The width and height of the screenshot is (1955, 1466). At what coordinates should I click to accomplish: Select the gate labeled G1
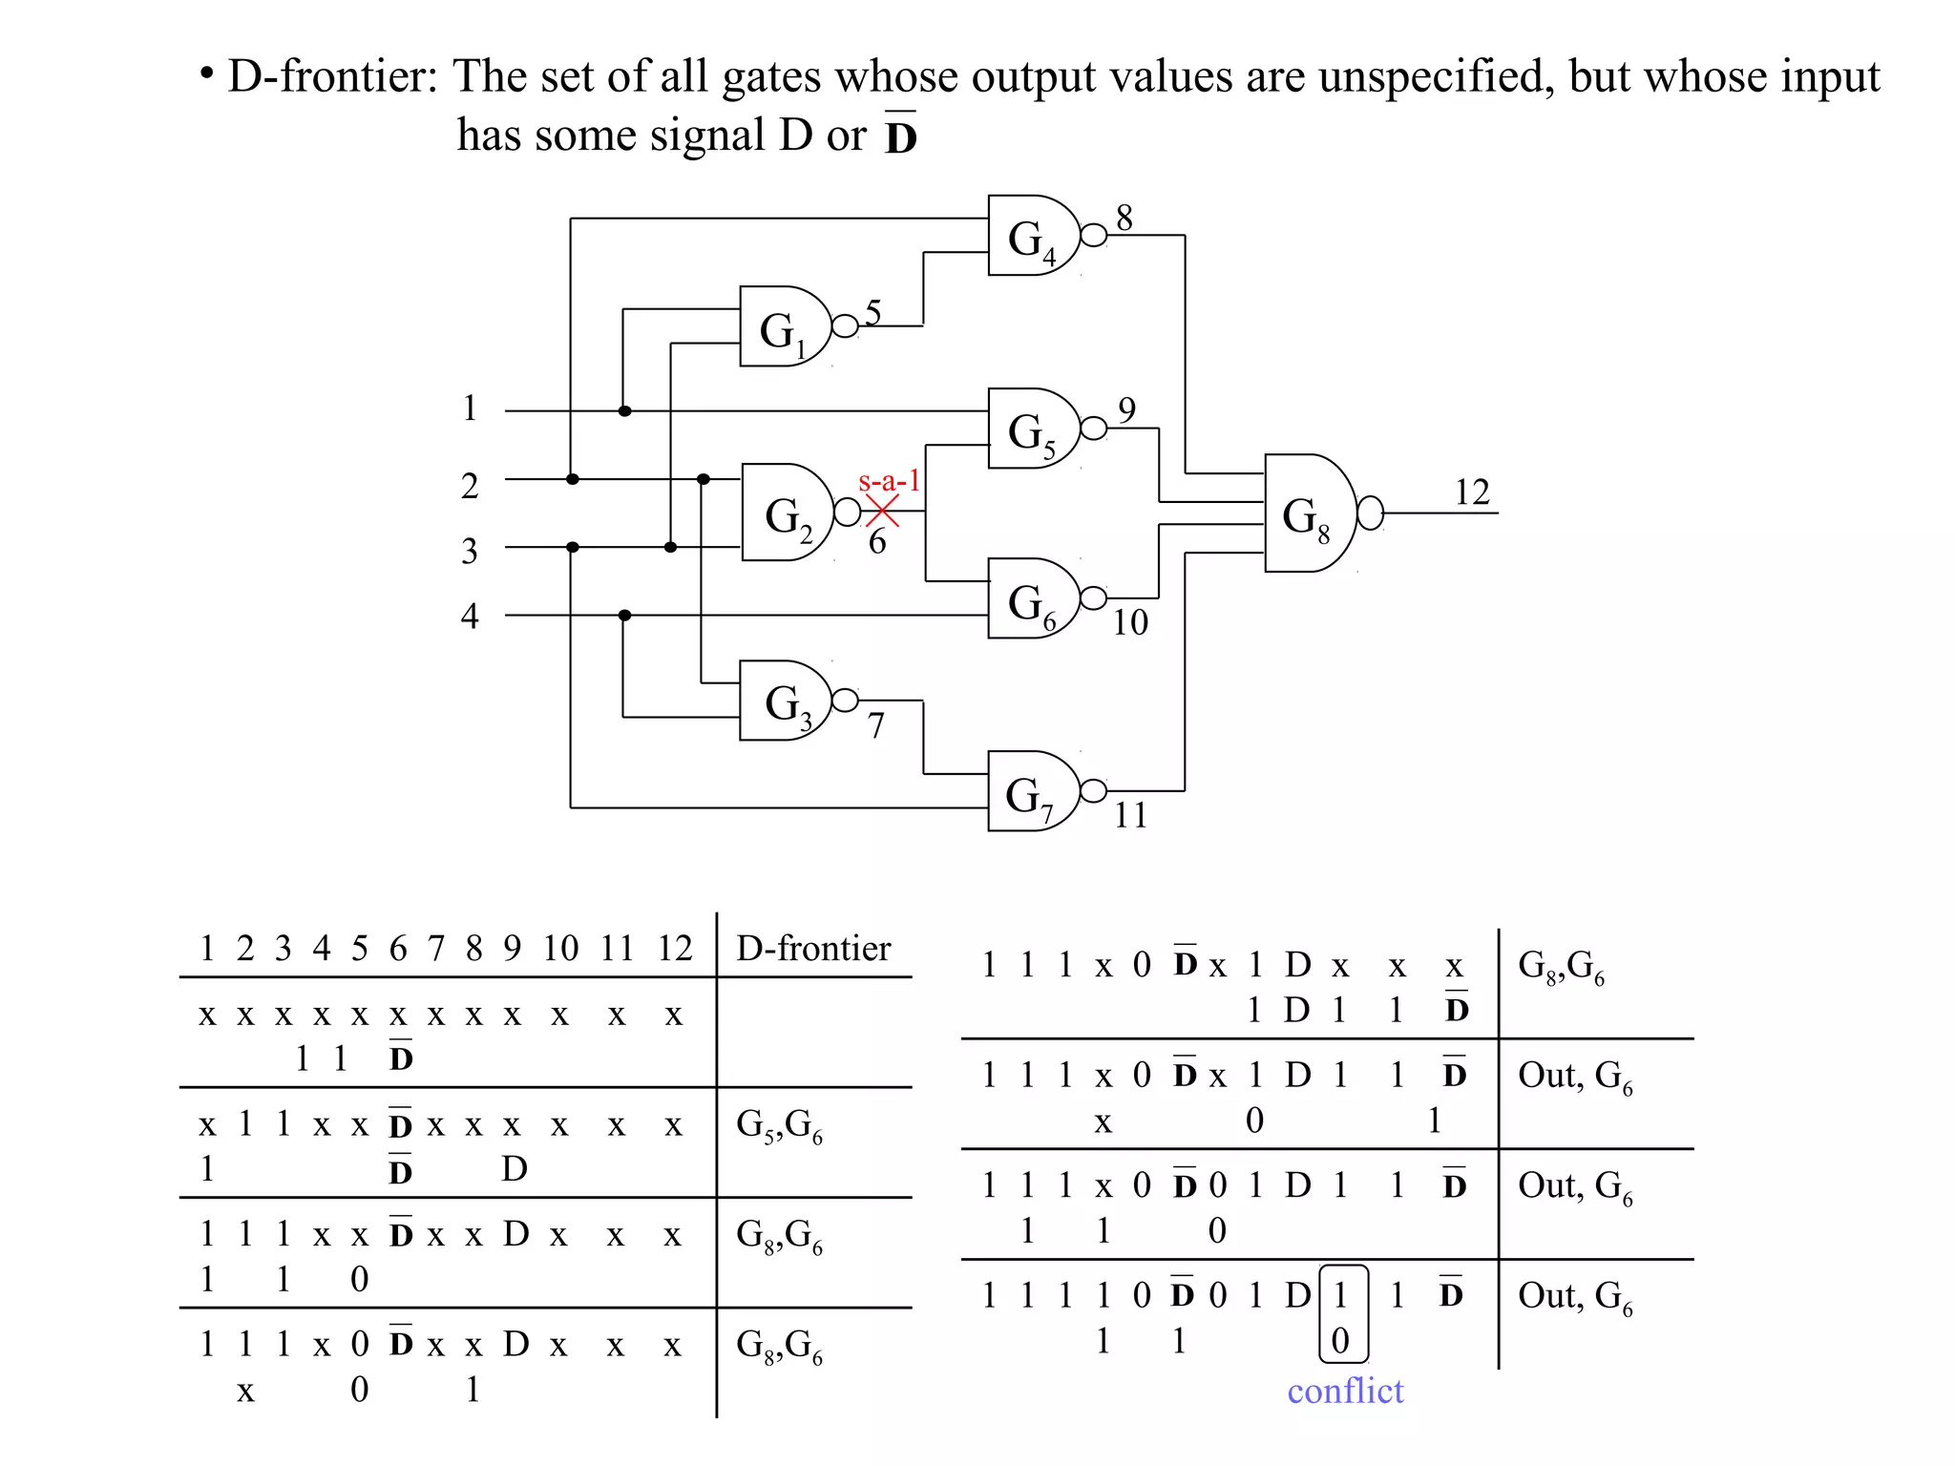[783, 326]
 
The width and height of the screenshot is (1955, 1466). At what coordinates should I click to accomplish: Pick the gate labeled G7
[1029, 791]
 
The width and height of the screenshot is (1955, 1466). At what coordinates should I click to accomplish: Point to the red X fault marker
[882, 512]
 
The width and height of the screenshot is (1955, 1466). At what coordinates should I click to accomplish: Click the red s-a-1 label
[889, 480]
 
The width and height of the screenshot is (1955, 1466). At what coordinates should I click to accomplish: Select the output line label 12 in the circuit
[1471, 492]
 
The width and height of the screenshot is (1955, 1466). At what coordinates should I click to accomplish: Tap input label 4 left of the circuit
[470, 616]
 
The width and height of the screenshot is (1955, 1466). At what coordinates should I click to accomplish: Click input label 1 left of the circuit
[470, 408]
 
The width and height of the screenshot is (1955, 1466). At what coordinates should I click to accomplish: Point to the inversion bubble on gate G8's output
[1370, 513]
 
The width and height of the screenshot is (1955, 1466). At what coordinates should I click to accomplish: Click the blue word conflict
[1345, 1391]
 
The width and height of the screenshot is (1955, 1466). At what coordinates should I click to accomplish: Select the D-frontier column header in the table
[813, 948]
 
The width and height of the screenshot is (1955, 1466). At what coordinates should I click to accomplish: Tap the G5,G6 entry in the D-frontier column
[779, 1125]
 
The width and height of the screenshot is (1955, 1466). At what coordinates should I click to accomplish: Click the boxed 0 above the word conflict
[1340, 1340]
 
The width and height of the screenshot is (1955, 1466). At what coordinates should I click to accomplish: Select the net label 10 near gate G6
[1130, 622]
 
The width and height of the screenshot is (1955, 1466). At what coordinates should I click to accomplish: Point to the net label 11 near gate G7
[1130, 815]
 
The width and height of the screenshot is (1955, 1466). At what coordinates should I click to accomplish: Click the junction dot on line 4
[624, 616]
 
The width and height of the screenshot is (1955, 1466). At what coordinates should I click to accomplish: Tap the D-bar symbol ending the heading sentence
[900, 135]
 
